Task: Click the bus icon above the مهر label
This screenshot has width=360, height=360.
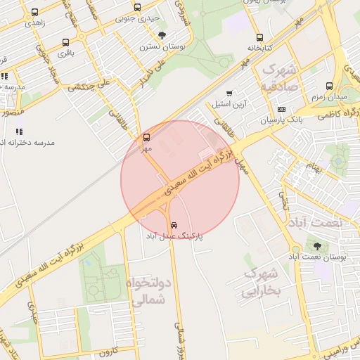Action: (146, 138)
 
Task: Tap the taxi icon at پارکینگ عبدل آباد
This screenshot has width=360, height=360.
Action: (174, 225)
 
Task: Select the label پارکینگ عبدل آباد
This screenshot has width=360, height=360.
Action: (173, 237)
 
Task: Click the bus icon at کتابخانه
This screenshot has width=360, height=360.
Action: (260, 37)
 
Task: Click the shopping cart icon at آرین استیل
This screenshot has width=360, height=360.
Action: (229, 94)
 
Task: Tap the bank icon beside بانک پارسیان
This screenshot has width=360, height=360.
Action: (281, 110)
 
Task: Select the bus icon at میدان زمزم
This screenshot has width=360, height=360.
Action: (328, 85)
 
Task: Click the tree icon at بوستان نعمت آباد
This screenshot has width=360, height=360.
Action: (317, 246)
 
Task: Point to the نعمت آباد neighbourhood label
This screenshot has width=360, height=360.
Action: (314, 222)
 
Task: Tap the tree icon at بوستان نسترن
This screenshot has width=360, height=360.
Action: (162, 35)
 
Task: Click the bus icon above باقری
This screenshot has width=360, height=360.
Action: (66, 42)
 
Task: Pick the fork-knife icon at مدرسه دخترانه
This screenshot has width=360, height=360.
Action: (19, 131)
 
